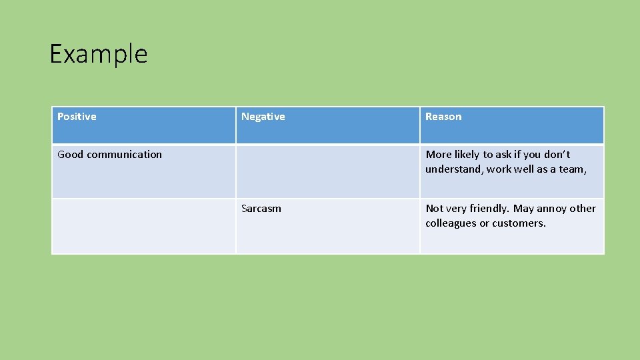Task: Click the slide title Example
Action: click(x=99, y=54)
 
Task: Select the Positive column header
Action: click(x=77, y=117)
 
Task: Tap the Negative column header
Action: click(x=263, y=117)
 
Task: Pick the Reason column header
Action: click(x=443, y=117)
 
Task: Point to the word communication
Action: click(x=124, y=155)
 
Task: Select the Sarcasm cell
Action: click(x=261, y=209)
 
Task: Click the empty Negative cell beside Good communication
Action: click(x=327, y=171)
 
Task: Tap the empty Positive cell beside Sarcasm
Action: click(x=143, y=226)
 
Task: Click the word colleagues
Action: click(x=451, y=223)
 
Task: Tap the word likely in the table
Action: click(x=467, y=155)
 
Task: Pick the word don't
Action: click(x=556, y=155)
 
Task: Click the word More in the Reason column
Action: click(x=439, y=155)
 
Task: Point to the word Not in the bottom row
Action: click(x=435, y=209)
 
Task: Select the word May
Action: click(x=524, y=209)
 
